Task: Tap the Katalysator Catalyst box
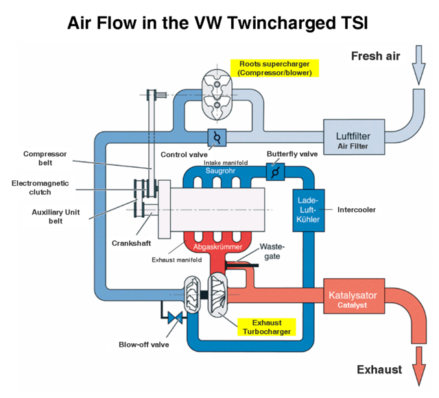361,299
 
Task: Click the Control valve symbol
217,138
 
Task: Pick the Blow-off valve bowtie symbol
172,317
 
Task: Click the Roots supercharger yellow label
274,67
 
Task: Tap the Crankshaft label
130,243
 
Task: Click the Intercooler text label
357,209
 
